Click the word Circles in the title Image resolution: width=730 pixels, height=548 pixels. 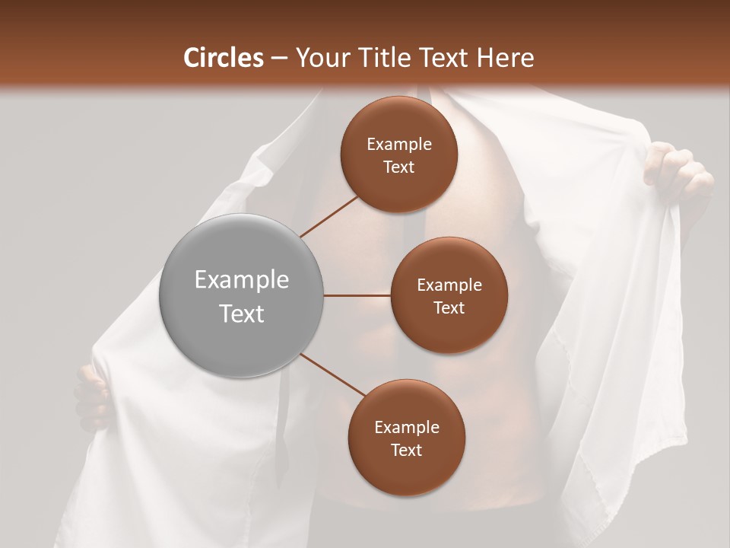[x=223, y=58]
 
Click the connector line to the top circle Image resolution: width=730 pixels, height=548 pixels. [x=329, y=215]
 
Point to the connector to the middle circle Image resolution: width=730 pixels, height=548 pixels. [x=357, y=295]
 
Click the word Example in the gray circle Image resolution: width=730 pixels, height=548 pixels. [x=241, y=280]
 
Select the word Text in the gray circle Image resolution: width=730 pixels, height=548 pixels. [x=241, y=314]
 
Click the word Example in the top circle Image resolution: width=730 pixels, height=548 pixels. [x=398, y=145]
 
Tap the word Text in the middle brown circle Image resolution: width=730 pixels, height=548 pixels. [x=449, y=307]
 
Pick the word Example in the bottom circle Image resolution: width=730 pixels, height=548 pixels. [x=406, y=427]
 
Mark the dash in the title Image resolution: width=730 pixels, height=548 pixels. [x=279, y=58]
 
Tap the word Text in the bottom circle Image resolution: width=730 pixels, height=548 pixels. [x=406, y=450]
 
